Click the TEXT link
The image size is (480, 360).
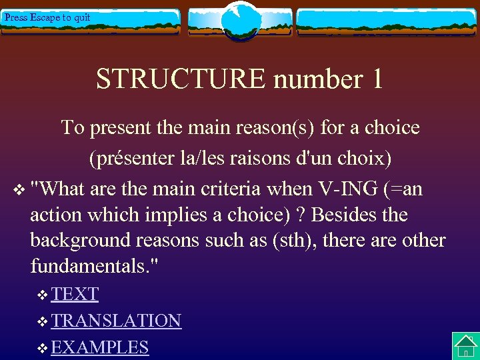click(x=75, y=294)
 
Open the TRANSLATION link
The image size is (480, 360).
click(x=116, y=321)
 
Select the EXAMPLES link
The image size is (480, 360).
click(x=99, y=347)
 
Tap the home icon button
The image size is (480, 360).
click(x=465, y=346)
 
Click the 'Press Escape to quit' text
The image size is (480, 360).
click(x=47, y=18)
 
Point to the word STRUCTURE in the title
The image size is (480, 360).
click(x=180, y=79)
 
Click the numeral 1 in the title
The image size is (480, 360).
click(x=376, y=79)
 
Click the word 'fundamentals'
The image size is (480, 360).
click(x=91, y=267)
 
